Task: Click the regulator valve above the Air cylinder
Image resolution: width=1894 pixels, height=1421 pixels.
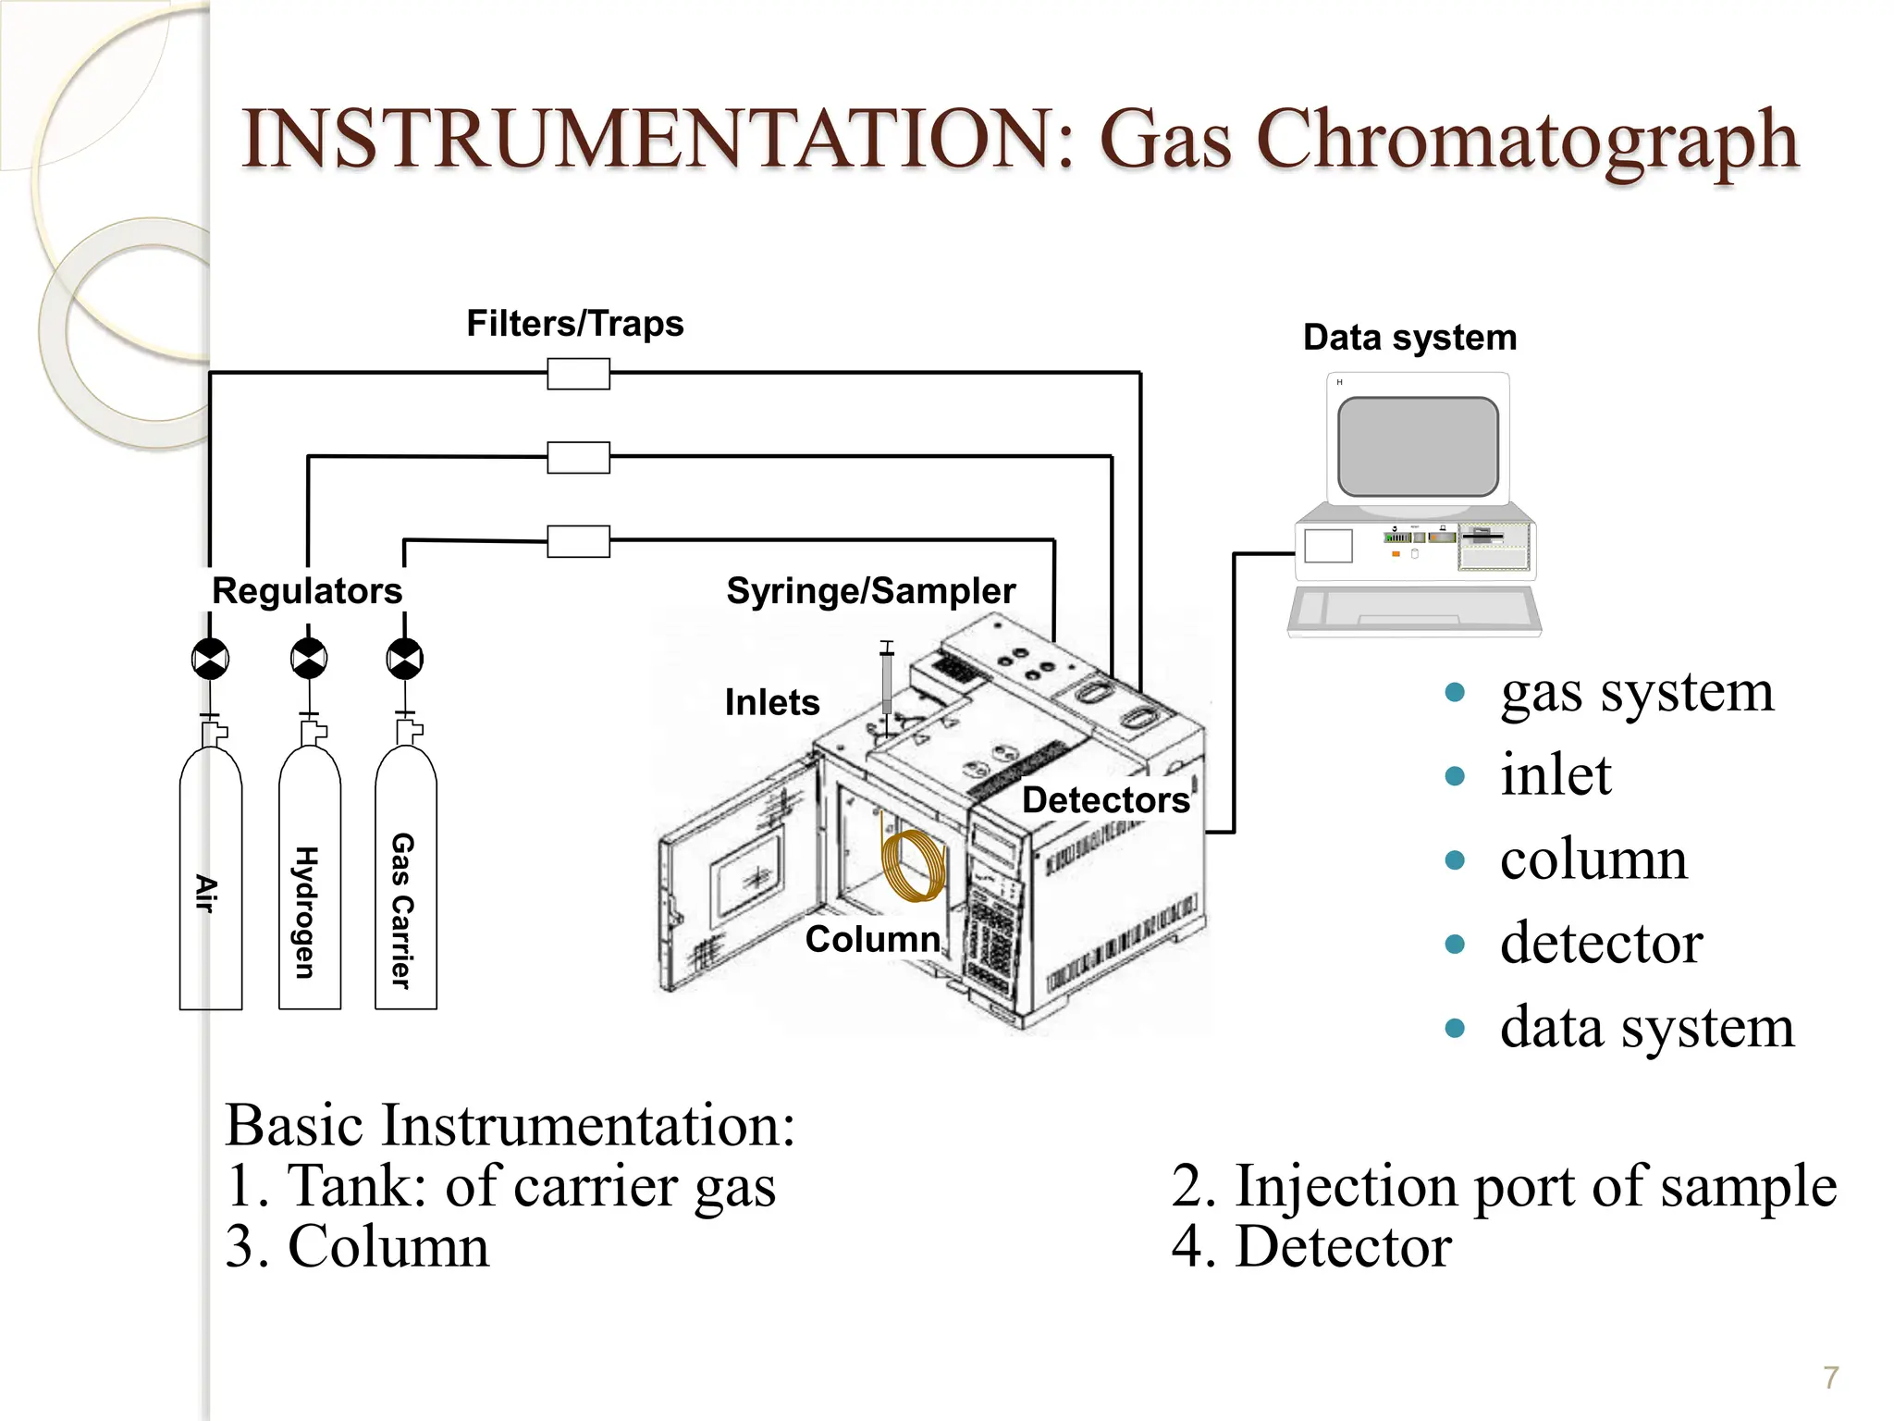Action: pyautogui.click(x=211, y=660)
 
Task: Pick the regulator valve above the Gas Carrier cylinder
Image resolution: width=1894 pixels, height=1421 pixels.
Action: pyautogui.click(x=405, y=660)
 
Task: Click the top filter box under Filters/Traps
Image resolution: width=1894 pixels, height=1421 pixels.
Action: pyautogui.click(x=578, y=375)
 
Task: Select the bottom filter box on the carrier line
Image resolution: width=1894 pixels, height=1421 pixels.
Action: pyautogui.click(x=578, y=541)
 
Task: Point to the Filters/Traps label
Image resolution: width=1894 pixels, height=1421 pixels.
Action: pyautogui.click(x=574, y=324)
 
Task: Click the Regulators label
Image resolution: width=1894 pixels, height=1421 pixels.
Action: pyautogui.click(x=307, y=591)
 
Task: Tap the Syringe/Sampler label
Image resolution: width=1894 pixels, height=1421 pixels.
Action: pyautogui.click(x=870, y=591)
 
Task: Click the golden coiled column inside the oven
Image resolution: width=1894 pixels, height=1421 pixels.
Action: pyautogui.click(x=914, y=866)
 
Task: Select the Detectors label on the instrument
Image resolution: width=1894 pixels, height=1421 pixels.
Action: pyautogui.click(x=1105, y=800)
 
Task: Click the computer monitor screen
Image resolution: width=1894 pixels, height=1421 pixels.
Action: pyautogui.click(x=1418, y=447)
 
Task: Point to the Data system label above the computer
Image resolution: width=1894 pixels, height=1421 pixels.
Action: pyautogui.click(x=1409, y=338)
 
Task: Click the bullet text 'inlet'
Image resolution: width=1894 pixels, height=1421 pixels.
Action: pyautogui.click(x=1556, y=774)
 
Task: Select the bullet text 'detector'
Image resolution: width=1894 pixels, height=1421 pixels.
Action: pyautogui.click(x=1601, y=943)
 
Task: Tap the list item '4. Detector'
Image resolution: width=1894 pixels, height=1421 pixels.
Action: pyautogui.click(x=1310, y=1246)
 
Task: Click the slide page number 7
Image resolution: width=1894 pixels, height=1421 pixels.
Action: pyautogui.click(x=1830, y=1378)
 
